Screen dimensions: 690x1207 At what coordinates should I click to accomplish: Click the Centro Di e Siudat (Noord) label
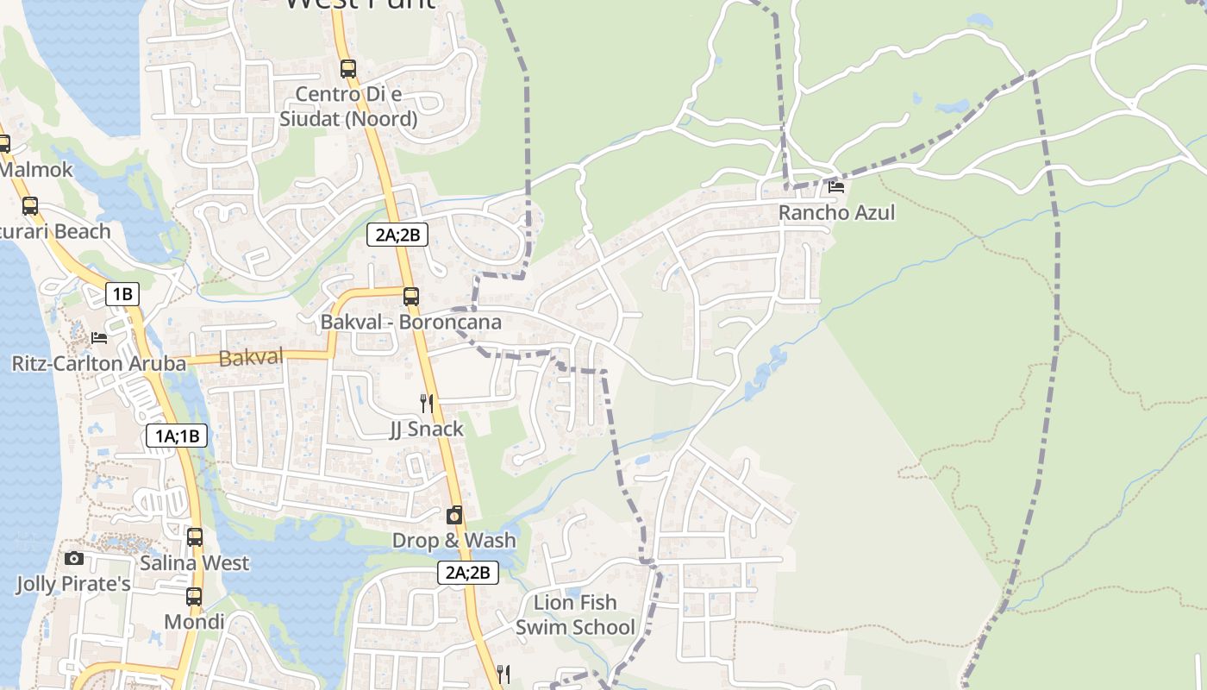(348, 106)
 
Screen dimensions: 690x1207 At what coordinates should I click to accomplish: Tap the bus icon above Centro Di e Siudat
(348, 68)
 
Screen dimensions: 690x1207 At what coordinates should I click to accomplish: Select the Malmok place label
(37, 169)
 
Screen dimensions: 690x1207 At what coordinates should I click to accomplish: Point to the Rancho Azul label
(837, 212)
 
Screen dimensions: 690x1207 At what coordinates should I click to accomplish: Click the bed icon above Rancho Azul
(835, 186)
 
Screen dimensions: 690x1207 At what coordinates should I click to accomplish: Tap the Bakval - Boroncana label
(410, 322)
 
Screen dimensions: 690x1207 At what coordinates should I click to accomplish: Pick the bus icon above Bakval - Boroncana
(411, 297)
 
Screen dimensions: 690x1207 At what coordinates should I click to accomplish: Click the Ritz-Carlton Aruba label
(98, 363)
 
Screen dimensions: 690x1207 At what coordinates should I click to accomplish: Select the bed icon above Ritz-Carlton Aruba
(99, 337)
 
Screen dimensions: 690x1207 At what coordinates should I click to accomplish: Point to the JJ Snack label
(427, 429)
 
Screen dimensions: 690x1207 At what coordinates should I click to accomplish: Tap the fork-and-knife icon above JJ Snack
(426, 403)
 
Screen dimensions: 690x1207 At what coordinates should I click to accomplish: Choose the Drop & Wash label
(454, 541)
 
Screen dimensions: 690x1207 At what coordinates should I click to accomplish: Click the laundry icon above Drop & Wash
(454, 516)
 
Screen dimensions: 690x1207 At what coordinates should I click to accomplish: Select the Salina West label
(195, 563)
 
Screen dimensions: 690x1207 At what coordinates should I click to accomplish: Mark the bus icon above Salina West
(195, 537)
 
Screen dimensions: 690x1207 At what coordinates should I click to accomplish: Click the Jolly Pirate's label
(73, 584)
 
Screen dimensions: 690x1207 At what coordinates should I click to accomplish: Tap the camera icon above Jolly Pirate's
(74, 559)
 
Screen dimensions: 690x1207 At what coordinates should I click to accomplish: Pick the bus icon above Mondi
(194, 597)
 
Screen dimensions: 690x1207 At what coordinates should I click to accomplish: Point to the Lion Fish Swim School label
(575, 614)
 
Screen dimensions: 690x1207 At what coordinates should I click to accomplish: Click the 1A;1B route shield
(178, 436)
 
